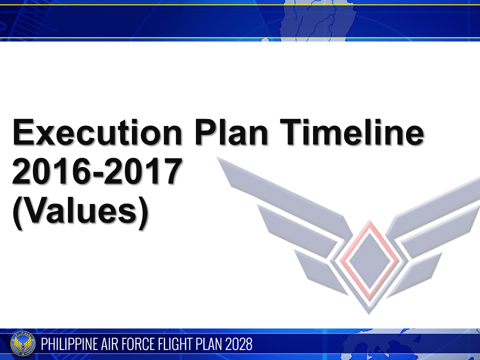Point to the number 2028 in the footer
pyautogui.click(x=239, y=344)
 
